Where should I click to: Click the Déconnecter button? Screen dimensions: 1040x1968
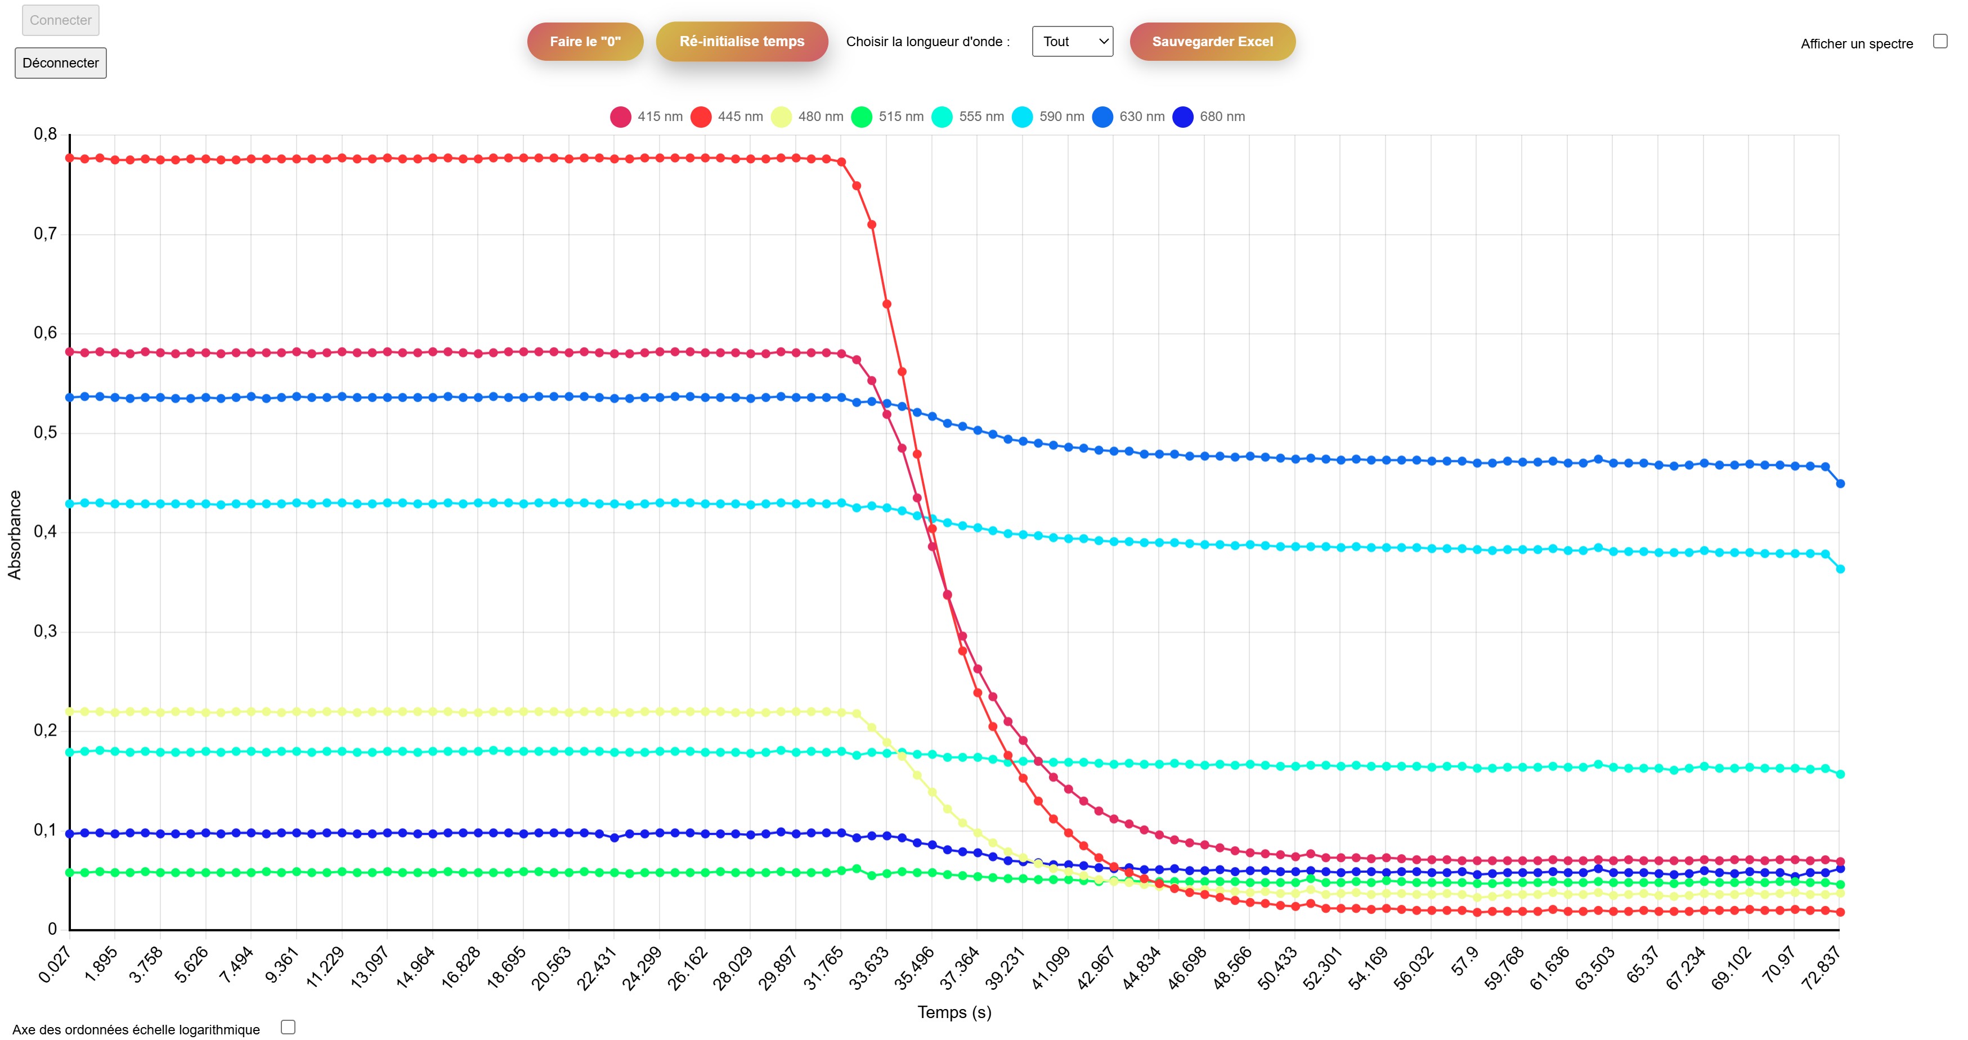click(60, 62)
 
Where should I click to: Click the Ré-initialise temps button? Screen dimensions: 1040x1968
click(741, 41)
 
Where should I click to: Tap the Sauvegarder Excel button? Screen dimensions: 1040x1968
click(1212, 41)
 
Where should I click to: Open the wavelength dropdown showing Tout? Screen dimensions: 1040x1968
click(1072, 41)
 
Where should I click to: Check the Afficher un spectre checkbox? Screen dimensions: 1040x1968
click(1940, 41)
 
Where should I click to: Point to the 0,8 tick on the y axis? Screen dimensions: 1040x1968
click(45, 135)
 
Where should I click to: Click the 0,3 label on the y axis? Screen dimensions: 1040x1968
click(45, 631)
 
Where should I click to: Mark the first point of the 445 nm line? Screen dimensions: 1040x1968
click(70, 158)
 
